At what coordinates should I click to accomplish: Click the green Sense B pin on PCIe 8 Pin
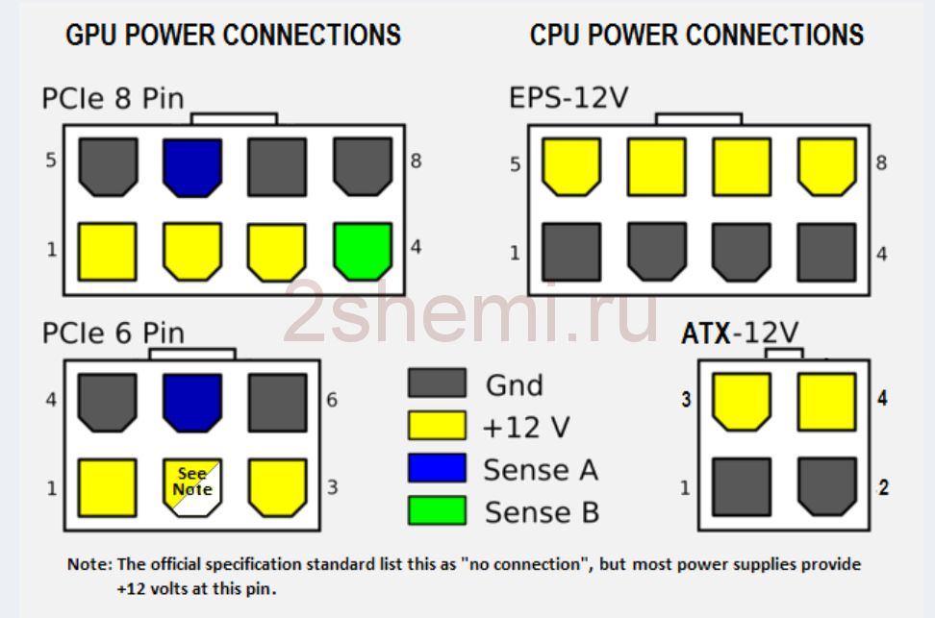point(363,252)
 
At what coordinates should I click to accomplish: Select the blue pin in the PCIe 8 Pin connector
point(192,167)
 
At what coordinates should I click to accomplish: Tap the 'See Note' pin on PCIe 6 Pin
point(192,487)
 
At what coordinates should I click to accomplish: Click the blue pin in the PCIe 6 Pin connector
point(192,403)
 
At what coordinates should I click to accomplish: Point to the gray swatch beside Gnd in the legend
point(437,383)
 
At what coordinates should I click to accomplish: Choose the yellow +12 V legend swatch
point(437,425)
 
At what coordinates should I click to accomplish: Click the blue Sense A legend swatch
point(437,468)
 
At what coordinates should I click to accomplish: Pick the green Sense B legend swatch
point(437,510)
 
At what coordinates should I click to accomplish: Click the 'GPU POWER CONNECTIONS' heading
point(233,35)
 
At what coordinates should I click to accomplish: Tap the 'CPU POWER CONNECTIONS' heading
point(697,35)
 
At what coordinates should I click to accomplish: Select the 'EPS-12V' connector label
point(569,97)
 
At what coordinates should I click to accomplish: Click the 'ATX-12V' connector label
point(740,333)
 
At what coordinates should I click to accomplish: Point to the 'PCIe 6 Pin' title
point(113,333)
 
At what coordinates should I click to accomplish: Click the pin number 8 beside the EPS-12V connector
point(881,162)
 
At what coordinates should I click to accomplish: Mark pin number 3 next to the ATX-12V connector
point(687,399)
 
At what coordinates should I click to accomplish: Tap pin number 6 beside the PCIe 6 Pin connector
point(332,399)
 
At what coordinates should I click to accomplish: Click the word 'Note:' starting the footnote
point(89,564)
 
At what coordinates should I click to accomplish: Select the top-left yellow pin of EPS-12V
point(571,167)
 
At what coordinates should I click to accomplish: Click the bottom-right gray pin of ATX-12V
point(826,486)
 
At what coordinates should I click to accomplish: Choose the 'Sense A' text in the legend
point(541,470)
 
